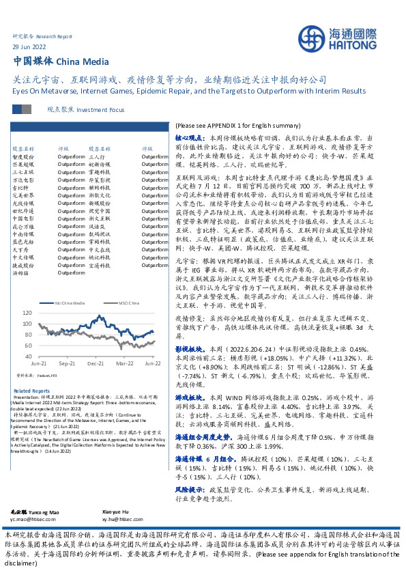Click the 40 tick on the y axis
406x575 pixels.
28,356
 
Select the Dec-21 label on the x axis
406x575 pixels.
96,365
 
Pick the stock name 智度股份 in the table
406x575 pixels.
23,156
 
